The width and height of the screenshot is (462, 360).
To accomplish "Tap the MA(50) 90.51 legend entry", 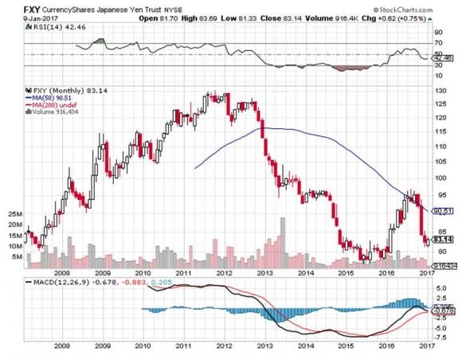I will click(x=55, y=100).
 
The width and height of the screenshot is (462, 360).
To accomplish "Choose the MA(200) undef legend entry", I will click(x=56, y=107).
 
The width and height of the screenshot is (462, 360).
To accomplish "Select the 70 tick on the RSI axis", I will click(x=438, y=44).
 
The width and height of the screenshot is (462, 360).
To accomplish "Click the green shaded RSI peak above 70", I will click(x=99, y=41).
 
